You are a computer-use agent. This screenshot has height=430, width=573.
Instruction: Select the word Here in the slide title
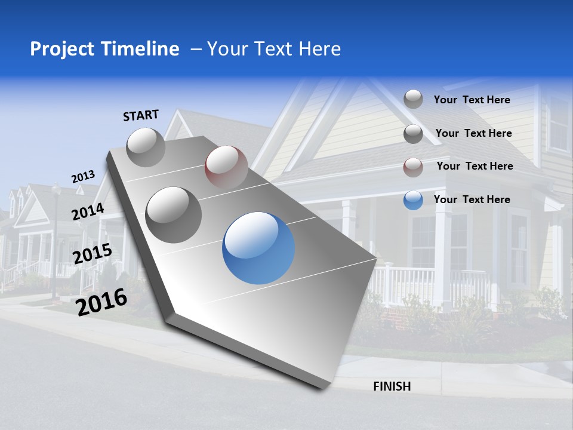click(319, 49)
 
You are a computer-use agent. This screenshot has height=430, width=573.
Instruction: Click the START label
click(141, 115)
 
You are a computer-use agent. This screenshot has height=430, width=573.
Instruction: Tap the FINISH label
click(392, 386)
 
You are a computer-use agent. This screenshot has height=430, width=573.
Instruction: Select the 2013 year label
click(83, 177)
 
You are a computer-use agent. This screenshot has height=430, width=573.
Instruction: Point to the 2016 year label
click(102, 302)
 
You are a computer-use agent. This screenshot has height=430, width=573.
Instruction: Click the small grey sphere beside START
click(146, 147)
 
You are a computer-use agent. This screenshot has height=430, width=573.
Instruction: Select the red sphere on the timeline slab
click(226, 167)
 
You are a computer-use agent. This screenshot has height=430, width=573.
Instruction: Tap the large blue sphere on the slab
click(258, 248)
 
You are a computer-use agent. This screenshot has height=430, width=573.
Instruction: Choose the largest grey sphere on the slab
click(174, 214)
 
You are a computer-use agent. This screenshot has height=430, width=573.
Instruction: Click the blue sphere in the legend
click(413, 200)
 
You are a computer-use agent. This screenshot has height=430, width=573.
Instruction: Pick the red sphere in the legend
click(413, 167)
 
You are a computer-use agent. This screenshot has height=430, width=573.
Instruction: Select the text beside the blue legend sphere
click(472, 199)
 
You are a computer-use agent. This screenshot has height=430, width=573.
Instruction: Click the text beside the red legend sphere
click(475, 166)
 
